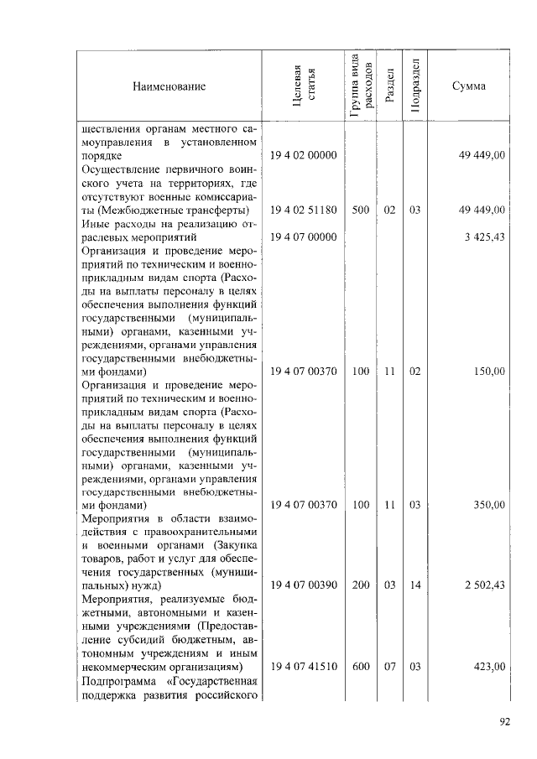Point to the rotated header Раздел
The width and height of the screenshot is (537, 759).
[388, 86]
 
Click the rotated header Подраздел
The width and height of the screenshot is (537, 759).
[414, 86]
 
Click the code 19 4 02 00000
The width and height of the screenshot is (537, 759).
[303, 156]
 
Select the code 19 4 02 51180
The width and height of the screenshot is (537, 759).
[303, 210]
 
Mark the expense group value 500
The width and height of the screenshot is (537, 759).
[361, 210]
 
